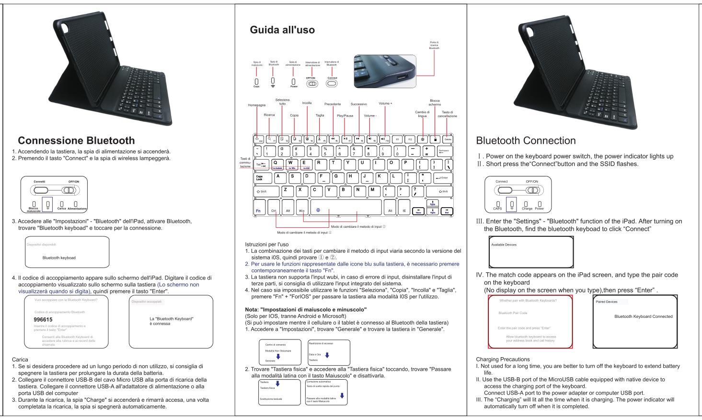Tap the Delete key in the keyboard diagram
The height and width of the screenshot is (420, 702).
coord(448,140)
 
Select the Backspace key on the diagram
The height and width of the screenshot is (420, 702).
coord(444,152)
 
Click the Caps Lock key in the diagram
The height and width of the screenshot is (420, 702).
coord(263,177)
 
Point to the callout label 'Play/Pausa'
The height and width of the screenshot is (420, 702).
coord(345,116)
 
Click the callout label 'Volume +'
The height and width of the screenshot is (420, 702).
coord(385,104)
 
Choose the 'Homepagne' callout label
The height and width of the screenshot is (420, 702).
coord(256,105)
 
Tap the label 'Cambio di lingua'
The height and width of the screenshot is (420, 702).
coord(422,114)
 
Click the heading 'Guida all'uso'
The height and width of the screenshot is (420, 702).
coord(282,30)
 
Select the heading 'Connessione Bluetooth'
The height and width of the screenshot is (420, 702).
coord(76,140)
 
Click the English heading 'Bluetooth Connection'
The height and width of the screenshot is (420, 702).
coord(526,140)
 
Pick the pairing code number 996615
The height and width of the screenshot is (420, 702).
coord(43,319)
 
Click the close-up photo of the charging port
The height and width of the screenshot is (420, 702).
coord(385,71)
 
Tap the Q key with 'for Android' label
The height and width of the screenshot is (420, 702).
coord(276,164)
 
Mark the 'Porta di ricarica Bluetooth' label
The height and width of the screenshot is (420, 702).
coord(434,45)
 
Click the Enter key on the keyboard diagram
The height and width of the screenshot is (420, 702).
coord(443,177)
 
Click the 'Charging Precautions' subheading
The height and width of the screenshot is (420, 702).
coord(503,359)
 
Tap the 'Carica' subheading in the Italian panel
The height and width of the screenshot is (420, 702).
coord(20,359)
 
